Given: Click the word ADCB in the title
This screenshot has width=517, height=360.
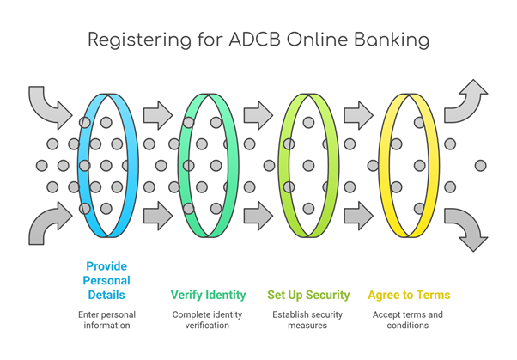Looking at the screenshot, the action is coord(254,40).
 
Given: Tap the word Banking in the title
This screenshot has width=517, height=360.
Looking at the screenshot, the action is coord(392,40).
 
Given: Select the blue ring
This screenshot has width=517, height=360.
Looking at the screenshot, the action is coord(132,165).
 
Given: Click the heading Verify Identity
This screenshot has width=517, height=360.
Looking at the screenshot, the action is coord(208,295).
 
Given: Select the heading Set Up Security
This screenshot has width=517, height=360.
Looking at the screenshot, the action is coord(308,295).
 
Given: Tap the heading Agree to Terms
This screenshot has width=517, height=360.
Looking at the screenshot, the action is coord(409,295).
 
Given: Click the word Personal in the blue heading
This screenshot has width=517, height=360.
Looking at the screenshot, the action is coord(106,280).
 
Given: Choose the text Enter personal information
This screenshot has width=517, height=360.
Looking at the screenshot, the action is coord(106,320).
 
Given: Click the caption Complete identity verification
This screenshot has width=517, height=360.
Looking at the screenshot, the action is coord(207,320).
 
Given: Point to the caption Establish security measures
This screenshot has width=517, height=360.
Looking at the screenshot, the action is coord(307,320).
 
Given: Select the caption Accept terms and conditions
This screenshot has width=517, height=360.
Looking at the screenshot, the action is coord(408,320).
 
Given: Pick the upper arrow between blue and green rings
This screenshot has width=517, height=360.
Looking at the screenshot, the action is coord(158,115).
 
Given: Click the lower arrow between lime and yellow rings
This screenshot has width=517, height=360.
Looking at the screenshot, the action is coord(359,216).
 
